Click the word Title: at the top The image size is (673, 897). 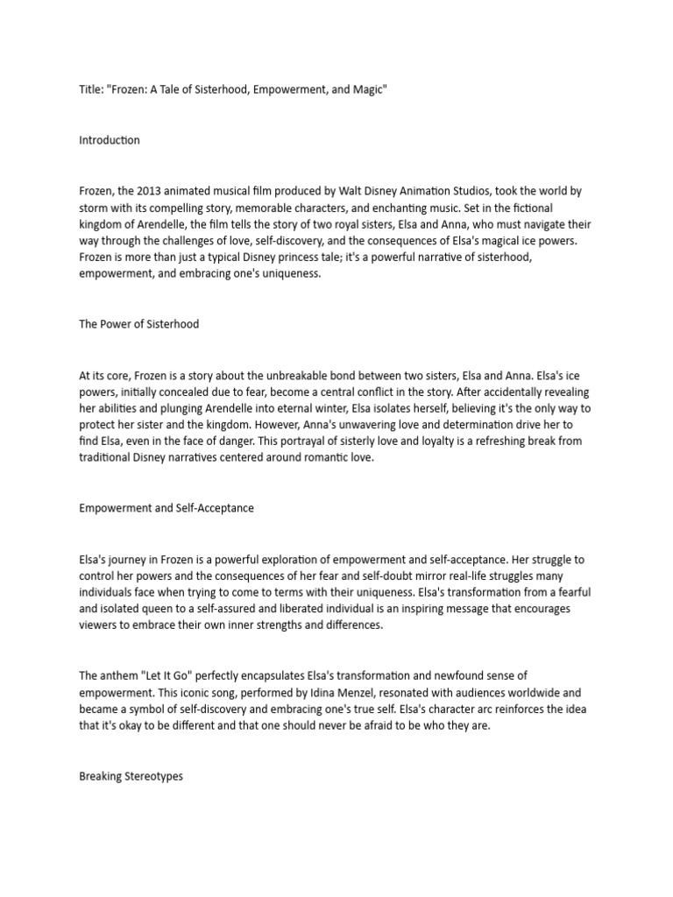pyautogui.click(x=91, y=91)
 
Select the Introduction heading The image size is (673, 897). pyautogui.click(x=109, y=140)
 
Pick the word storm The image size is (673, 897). pyautogui.click(x=95, y=207)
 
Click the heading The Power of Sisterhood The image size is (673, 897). pyautogui.click(x=138, y=323)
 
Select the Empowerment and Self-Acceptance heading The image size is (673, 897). pyautogui.click(x=166, y=507)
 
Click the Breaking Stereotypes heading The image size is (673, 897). pyautogui.click(x=131, y=776)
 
